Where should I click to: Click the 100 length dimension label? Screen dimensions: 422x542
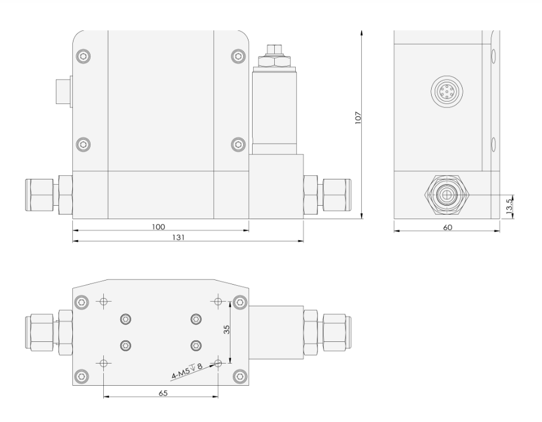tap(158, 226)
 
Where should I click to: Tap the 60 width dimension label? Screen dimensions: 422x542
tap(447, 227)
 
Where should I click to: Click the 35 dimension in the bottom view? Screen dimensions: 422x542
tap(228, 330)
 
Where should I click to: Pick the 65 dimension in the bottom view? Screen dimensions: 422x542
tap(163, 393)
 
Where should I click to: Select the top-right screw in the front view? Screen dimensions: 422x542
tap(237, 56)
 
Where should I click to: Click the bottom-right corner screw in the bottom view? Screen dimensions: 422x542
tap(237, 375)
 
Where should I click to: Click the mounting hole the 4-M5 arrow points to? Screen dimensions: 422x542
tap(218, 363)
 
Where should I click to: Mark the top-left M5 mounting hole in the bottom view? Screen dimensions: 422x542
tap(104, 302)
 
